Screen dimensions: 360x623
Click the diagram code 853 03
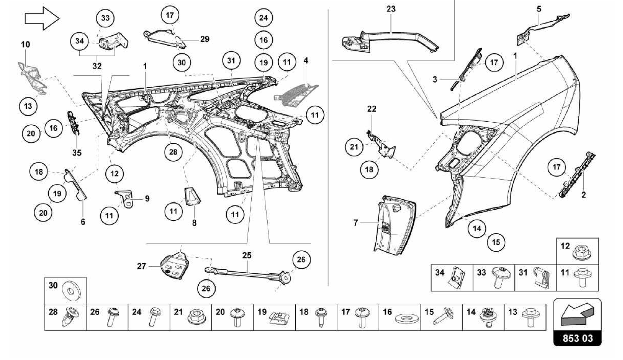point(577,338)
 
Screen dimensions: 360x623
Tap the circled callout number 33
point(105,18)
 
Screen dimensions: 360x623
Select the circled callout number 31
point(231,60)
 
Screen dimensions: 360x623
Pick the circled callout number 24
point(263,18)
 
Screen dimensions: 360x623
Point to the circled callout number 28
point(173,152)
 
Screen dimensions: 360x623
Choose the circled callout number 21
point(354,147)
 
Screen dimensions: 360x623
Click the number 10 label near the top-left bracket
point(26,44)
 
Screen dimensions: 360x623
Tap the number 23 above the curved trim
point(391,9)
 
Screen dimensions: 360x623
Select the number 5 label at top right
point(539,9)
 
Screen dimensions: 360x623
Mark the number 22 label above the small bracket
point(372,109)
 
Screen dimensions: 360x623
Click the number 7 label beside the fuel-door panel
point(356,223)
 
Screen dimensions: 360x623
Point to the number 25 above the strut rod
point(247,255)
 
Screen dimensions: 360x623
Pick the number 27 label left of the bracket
point(141,266)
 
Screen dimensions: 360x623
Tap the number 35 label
point(77,153)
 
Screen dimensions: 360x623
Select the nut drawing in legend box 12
point(581,252)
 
